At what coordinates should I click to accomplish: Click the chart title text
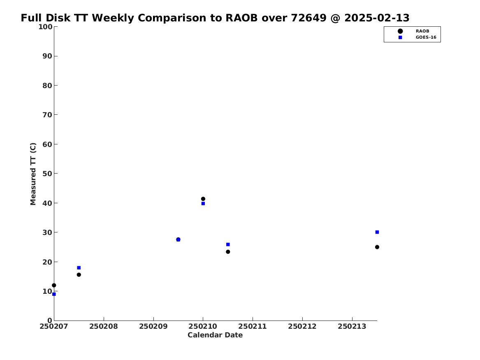(x=215, y=18)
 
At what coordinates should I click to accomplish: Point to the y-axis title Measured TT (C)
(x=33, y=174)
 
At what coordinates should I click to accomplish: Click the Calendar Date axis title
(x=215, y=335)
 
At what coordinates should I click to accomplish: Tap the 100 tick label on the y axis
(x=45, y=27)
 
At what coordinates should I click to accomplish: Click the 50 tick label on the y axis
(x=47, y=174)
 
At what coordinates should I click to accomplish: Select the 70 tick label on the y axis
(x=47, y=115)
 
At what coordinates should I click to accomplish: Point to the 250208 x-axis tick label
(x=104, y=327)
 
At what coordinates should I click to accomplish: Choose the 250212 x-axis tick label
(x=302, y=327)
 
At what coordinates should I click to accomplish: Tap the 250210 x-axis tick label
(x=203, y=327)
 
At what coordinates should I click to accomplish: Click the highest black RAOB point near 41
(x=203, y=199)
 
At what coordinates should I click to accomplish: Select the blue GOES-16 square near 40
(x=203, y=204)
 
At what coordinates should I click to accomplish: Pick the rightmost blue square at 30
(x=377, y=232)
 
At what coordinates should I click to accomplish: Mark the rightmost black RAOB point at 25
(x=377, y=247)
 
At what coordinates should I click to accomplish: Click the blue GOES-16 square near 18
(x=79, y=268)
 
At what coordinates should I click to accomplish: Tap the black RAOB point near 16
(x=79, y=274)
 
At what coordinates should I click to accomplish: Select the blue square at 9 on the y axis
(x=54, y=294)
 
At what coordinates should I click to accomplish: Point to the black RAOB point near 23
(x=228, y=252)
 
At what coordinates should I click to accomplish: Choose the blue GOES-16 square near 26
(x=228, y=244)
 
